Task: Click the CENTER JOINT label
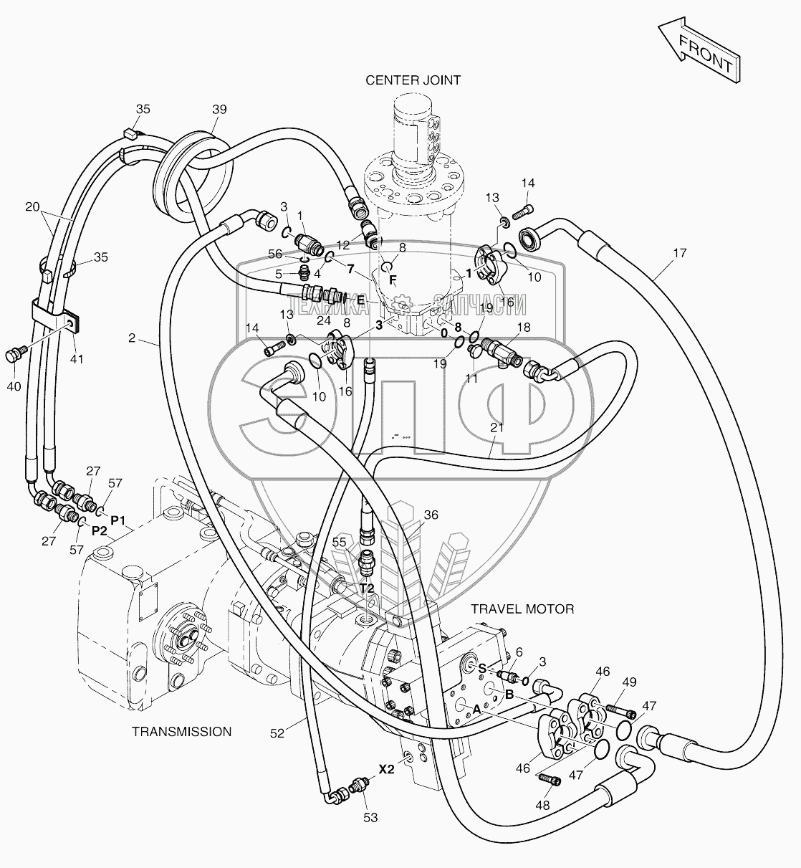coord(413,80)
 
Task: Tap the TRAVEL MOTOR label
coord(522,609)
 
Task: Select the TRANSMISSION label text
coord(181,732)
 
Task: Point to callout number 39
coord(219,110)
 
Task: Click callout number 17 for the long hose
coord(679,252)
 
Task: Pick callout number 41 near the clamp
coord(77,358)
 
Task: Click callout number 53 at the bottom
coord(370,817)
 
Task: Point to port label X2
coord(387,770)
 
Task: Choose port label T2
coord(367,588)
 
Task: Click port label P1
coord(117,518)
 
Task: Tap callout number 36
coord(431,515)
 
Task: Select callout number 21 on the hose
coord(497,428)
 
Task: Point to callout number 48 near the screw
coord(542,805)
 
